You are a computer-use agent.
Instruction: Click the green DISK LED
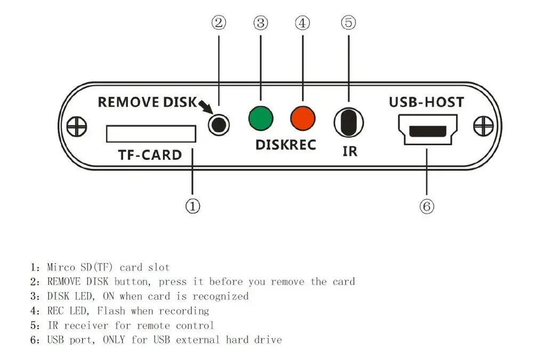[x=261, y=118]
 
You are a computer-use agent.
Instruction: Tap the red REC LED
[x=303, y=118]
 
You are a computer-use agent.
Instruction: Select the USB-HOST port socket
[x=426, y=130]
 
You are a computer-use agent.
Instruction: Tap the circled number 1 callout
[x=192, y=206]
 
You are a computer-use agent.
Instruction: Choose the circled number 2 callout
[x=219, y=23]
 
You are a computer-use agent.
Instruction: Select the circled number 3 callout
[x=261, y=23]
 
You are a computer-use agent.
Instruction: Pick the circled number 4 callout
[x=303, y=23]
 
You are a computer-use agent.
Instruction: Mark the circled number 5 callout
[x=348, y=23]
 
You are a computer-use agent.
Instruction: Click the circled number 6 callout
[x=427, y=206]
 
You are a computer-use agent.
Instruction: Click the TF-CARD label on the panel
[x=150, y=155]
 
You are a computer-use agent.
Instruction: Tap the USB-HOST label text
[x=426, y=102]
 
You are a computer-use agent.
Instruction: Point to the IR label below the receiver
[x=350, y=151]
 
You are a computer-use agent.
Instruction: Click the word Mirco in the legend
[x=63, y=267]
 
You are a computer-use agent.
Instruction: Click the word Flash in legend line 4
[x=111, y=310]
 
